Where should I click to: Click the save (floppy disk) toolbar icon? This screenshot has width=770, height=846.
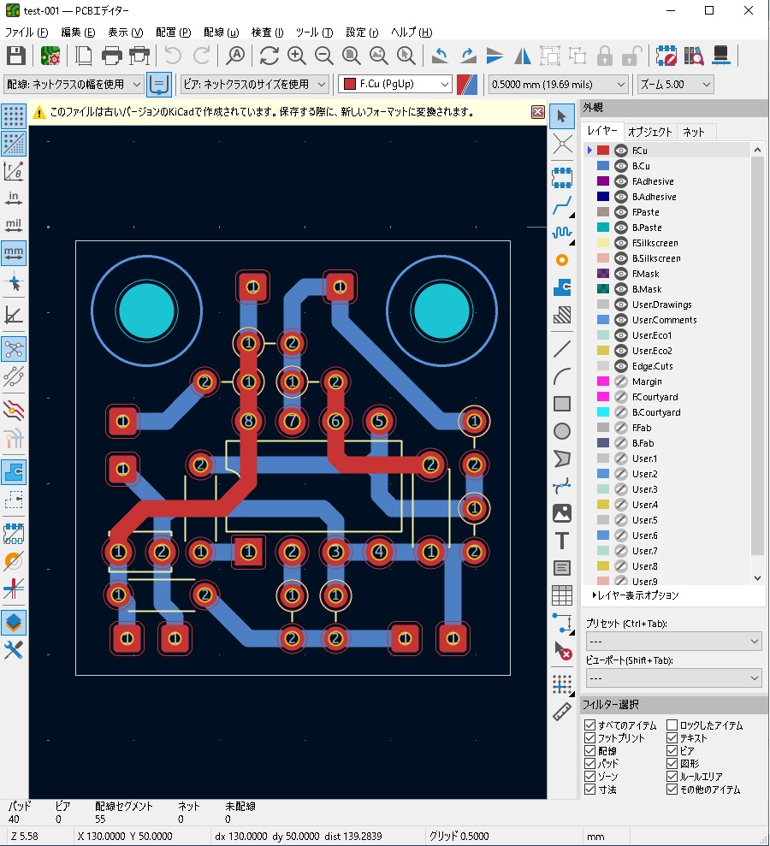click(x=15, y=56)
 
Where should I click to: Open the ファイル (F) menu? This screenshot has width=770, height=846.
click(x=27, y=33)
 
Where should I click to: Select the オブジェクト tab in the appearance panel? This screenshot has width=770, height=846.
click(x=649, y=132)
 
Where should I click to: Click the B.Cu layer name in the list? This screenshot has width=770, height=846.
click(x=641, y=166)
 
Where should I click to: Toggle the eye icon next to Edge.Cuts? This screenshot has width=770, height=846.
click(x=620, y=366)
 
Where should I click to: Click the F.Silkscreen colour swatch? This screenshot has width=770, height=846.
click(x=602, y=243)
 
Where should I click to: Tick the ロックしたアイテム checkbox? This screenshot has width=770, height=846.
click(x=672, y=725)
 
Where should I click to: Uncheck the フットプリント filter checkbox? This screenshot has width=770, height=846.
click(x=589, y=738)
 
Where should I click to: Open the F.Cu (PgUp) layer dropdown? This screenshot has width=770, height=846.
click(x=395, y=84)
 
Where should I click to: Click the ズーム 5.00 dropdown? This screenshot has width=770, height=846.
click(x=675, y=84)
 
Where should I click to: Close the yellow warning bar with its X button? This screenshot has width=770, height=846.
click(x=537, y=112)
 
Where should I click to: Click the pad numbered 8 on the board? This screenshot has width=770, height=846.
click(x=248, y=421)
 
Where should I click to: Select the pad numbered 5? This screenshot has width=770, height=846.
click(x=379, y=421)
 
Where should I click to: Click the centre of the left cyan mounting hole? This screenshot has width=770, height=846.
click(x=147, y=311)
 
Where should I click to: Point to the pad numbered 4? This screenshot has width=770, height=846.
click(x=379, y=552)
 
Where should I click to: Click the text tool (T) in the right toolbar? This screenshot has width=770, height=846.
click(x=562, y=541)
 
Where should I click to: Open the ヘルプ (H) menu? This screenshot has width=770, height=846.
click(x=412, y=33)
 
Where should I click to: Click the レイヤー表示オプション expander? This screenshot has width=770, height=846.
click(x=635, y=595)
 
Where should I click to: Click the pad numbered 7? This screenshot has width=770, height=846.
click(x=292, y=421)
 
